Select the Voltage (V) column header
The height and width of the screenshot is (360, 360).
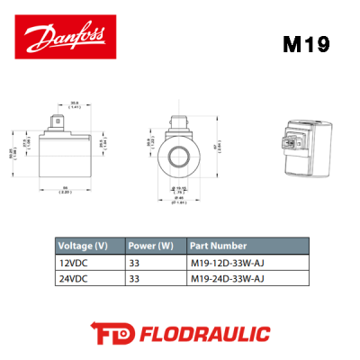point(83,245)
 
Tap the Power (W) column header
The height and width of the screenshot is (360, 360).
point(150,245)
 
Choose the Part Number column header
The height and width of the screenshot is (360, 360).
point(216,245)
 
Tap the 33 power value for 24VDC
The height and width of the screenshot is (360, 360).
point(134,278)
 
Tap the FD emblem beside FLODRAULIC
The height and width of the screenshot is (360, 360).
point(111,333)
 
